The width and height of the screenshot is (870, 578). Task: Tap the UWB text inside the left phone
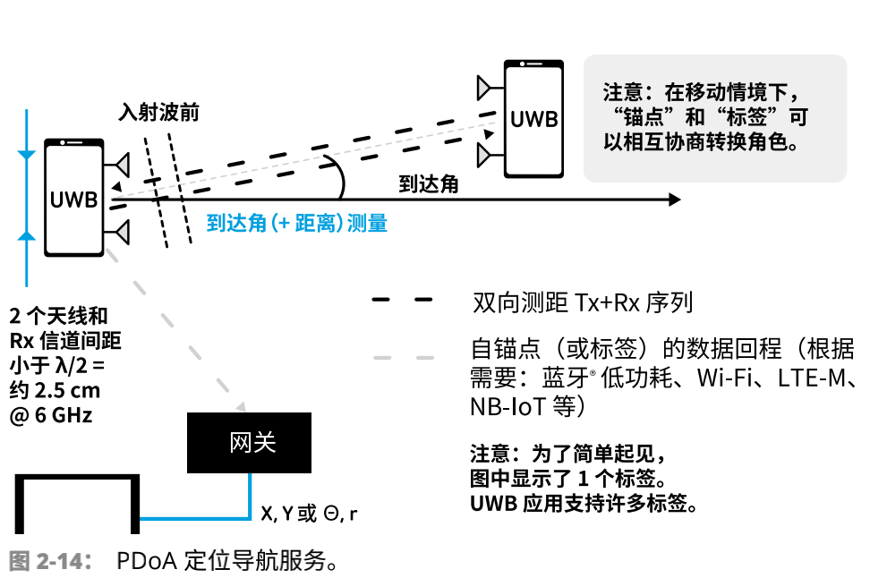74,200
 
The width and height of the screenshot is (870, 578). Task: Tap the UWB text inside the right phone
534,119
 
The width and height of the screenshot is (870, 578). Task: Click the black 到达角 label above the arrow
429,184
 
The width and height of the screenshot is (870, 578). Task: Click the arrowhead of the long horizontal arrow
673,200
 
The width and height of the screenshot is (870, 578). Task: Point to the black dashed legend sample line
403,302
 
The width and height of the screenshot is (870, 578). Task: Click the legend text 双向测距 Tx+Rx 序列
582,302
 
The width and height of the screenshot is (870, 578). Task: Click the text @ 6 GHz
50,415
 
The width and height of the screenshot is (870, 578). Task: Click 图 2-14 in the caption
50,562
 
